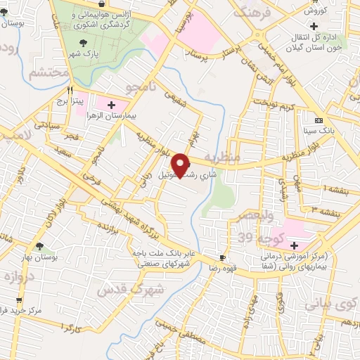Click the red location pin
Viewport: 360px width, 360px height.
[181, 165]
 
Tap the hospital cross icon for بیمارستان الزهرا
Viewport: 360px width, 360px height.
[111, 105]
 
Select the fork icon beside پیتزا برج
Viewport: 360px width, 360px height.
[70, 90]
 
